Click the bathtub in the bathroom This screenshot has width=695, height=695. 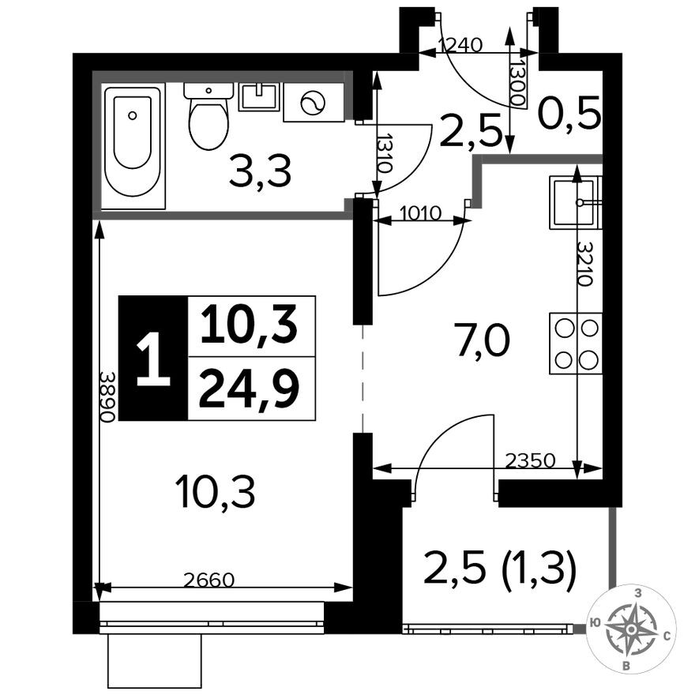coord(133,142)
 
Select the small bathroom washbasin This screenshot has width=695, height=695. coord(259,96)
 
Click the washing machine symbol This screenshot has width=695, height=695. coord(314,103)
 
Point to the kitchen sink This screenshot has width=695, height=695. coord(575,202)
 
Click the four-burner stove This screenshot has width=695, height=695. coord(575,343)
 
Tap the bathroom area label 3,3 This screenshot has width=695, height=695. coord(260,171)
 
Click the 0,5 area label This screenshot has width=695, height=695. coord(569,116)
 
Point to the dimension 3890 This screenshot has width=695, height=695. coord(109,396)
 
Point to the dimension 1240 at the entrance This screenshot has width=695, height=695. coord(460,45)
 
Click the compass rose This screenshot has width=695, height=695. coord(631,629)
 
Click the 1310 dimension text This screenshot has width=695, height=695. coord(385,156)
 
